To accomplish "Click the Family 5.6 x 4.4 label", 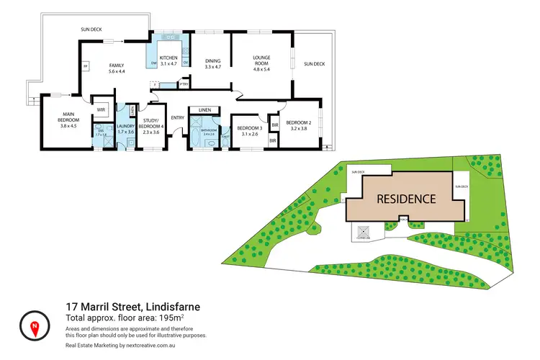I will pos(117,68).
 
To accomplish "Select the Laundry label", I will pos(126,127).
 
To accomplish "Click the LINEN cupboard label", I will pos(204,110).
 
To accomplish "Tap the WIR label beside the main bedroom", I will pos(101,110).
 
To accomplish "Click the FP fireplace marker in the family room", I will pos(85,66).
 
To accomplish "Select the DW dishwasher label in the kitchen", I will pos(153,63).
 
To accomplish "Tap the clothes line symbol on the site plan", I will pos(362,232).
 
